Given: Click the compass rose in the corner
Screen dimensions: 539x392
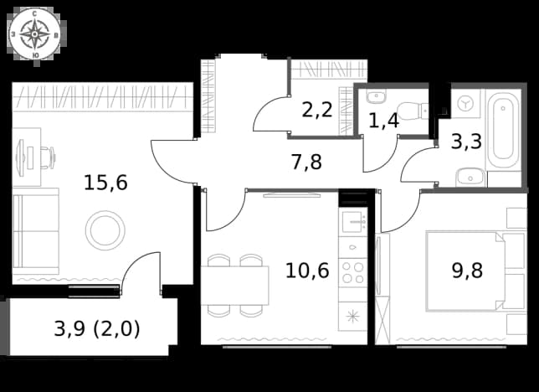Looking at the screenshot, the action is point(34,34).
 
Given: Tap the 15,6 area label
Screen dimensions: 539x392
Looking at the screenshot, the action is point(105,183).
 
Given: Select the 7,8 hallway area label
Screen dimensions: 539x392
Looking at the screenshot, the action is point(306,162).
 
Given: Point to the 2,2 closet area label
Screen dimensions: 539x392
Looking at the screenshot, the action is point(317,110).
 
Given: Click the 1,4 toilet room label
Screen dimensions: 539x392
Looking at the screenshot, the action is point(383,121).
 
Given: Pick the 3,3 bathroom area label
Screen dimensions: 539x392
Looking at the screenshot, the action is point(466,142).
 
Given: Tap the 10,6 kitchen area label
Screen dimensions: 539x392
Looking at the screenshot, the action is point(307,271).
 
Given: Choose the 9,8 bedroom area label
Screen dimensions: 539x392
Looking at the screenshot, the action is point(467,271).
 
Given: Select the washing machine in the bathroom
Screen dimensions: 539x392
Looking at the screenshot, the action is point(466,103).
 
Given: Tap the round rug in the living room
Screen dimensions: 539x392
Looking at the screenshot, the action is point(105,230).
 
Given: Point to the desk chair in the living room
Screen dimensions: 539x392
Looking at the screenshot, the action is point(49,157).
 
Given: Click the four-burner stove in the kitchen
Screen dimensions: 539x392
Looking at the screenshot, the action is point(352,272).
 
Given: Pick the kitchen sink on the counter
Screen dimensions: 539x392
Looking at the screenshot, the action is point(354,222).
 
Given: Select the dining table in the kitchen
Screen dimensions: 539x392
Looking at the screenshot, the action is point(235,286).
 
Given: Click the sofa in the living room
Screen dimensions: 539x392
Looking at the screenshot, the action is point(36,231).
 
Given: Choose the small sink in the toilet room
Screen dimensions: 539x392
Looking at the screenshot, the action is point(376,96).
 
